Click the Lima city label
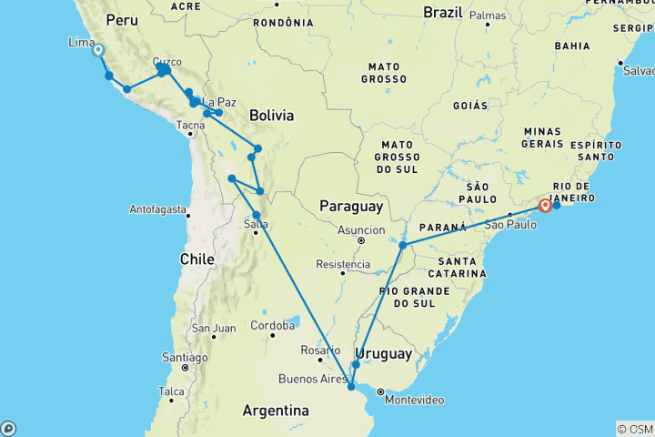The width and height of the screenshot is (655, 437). point(79,42)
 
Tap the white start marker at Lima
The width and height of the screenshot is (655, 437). point(97,52)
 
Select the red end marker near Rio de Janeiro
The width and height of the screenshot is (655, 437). point(545,206)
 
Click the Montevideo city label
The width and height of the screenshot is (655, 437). point(415,400)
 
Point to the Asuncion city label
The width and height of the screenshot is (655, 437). point(362,230)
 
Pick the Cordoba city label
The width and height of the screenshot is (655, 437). point(273,325)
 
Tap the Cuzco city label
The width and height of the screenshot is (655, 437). point(168,61)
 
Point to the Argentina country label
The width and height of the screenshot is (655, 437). point(275,412)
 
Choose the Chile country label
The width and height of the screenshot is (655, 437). point(196,259)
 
